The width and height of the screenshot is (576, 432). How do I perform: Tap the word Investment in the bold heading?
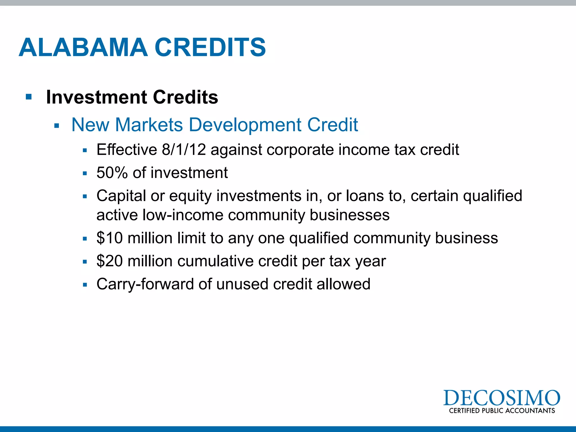[x=97, y=97]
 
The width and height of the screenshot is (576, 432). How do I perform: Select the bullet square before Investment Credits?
[x=28, y=97]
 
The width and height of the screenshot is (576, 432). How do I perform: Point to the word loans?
[x=364, y=196]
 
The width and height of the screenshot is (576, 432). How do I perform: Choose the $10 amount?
[x=109, y=238]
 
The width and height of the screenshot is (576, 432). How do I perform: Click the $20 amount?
[x=109, y=261]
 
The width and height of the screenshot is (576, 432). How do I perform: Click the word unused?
[x=242, y=284]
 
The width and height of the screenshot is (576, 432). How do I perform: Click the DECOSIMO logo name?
[x=501, y=398]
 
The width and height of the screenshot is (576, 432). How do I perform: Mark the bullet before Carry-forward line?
[x=85, y=285]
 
